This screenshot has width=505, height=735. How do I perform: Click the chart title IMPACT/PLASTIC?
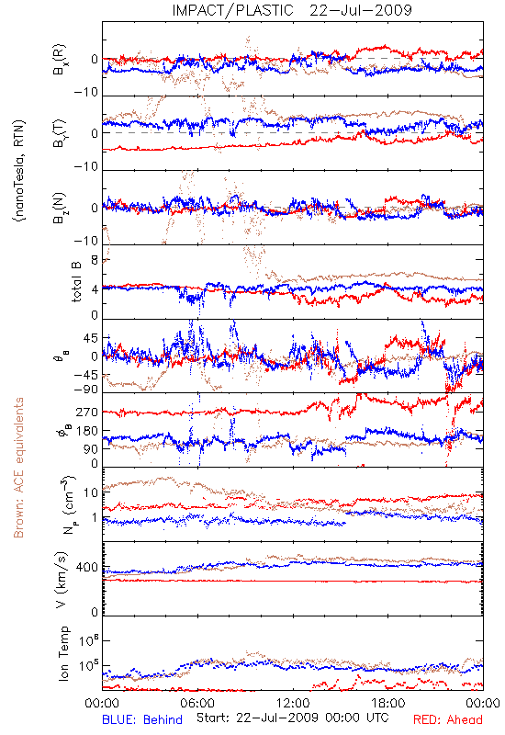[x=232, y=10]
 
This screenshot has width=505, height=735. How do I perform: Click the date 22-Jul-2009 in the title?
[x=361, y=10]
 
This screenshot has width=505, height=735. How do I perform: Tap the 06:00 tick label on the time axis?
[x=197, y=703]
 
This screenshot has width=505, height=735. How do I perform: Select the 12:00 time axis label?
[x=293, y=703]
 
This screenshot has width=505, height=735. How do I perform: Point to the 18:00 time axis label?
[x=388, y=703]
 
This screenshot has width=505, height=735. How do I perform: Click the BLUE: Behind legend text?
[x=142, y=719]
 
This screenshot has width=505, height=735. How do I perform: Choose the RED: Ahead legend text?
[x=447, y=719]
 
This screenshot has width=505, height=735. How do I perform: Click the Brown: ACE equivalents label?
[x=18, y=468]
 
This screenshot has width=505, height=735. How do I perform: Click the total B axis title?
[x=76, y=281]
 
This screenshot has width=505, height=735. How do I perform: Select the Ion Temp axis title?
[x=63, y=653]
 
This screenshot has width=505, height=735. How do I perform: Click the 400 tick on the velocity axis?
[x=87, y=568]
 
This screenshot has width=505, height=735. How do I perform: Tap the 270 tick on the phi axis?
[x=87, y=412]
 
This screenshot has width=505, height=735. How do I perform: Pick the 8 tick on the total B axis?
[x=95, y=260]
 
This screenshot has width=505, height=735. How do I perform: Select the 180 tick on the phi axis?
[x=87, y=431]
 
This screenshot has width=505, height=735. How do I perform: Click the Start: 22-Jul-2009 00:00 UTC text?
[x=292, y=718]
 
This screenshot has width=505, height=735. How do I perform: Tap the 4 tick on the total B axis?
[x=95, y=289]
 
